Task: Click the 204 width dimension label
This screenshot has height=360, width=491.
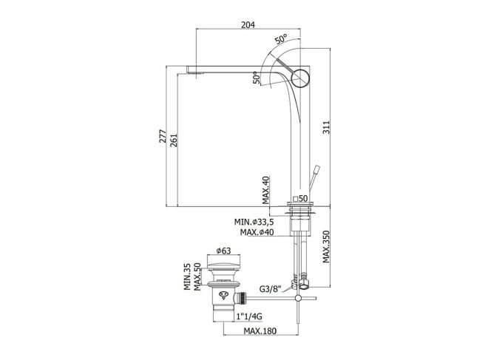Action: click(x=248, y=24)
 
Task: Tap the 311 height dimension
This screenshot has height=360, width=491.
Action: click(x=326, y=127)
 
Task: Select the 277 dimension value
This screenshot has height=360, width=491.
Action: click(x=163, y=136)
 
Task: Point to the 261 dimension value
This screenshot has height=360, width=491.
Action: click(x=174, y=140)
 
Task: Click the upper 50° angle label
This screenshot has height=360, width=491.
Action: click(x=281, y=39)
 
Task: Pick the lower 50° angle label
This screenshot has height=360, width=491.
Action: click(x=257, y=78)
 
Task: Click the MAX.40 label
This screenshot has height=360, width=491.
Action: click(x=265, y=190)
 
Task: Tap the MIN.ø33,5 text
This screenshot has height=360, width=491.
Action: click(x=254, y=222)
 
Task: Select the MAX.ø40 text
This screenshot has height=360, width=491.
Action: click(x=257, y=232)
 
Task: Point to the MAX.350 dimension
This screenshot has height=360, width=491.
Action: click(x=326, y=247)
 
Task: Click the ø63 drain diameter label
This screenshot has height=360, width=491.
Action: click(x=223, y=251)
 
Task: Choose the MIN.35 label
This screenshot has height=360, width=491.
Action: click(x=187, y=276)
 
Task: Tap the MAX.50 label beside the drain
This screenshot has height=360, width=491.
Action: click(x=197, y=276)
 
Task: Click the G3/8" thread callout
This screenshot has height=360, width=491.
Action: click(x=270, y=288)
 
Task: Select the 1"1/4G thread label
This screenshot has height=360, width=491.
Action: click(x=249, y=317)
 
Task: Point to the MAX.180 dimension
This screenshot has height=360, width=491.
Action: click(x=260, y=330)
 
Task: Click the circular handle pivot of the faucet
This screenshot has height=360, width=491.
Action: click(x=300, y=77)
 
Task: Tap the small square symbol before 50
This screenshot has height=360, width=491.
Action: click(x=295, y=198)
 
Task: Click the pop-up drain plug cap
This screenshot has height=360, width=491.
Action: click(x=223, y=266)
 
